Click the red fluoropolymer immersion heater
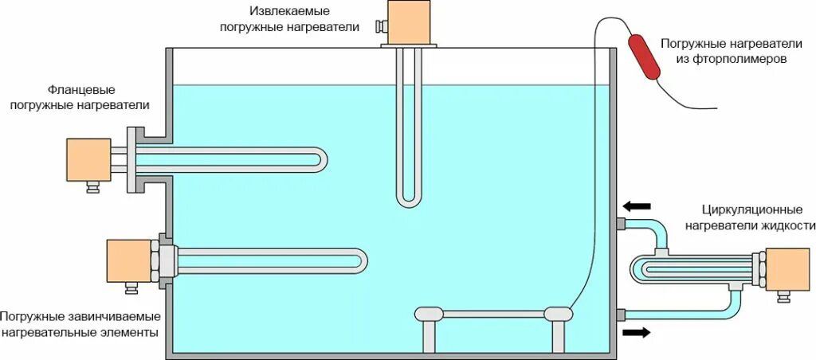click(x=646, y=57)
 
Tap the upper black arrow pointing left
click(x=637, y=207)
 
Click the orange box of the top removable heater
click(x=408, y=21)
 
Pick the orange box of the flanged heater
click(x=88, y=159)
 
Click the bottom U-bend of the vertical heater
click(x=409, y=201)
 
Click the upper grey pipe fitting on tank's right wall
click(x=619, y=223)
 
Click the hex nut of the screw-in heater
click(x=169, y=260)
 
